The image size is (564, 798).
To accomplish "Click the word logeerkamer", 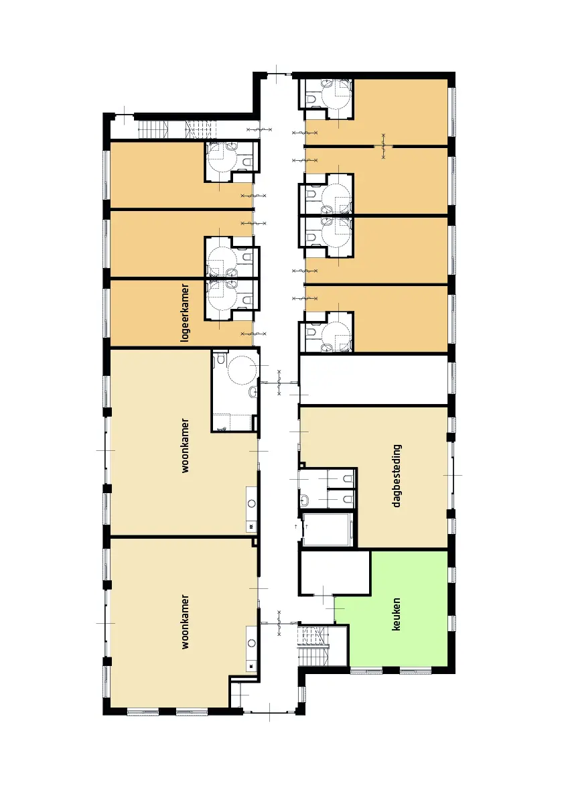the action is click(185, 312).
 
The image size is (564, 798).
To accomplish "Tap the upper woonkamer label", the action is click(185, 446).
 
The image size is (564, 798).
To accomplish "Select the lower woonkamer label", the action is click(185, 621).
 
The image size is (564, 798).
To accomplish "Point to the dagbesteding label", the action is click(397, 476).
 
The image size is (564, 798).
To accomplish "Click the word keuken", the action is click(396, 614).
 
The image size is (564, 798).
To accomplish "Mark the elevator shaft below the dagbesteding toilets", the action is click(328, 529).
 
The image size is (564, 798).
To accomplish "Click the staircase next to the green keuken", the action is click(313, 647).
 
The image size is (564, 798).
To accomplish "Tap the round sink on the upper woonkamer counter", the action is click(251, 503).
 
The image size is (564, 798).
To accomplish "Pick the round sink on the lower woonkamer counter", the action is click(251, 643).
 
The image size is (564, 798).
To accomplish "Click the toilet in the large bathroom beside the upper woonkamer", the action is click(221, 359).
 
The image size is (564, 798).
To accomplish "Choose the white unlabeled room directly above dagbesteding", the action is click(373, 380).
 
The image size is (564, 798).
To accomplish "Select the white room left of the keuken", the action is click(334, 573).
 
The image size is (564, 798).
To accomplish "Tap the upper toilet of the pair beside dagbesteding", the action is click(348, 478).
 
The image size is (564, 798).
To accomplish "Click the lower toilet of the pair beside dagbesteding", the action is click(348, 499).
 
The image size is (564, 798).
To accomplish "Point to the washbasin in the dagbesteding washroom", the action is click(304, 500).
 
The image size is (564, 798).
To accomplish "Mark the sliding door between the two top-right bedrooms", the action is click(383, 147).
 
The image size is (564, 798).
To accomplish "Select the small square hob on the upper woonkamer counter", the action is click(251, 526).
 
